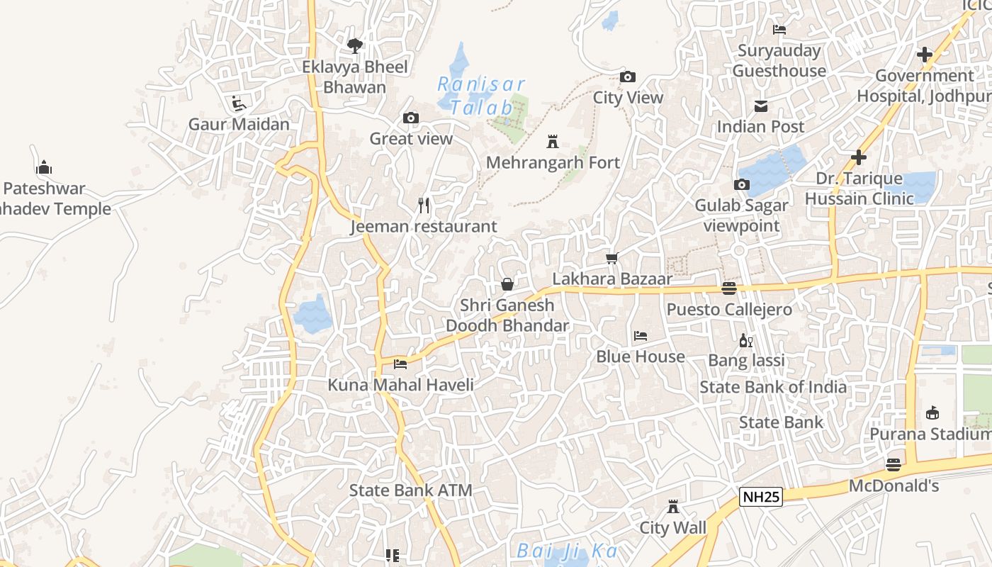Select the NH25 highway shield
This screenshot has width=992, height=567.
click(761, 497)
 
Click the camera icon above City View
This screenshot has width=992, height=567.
click(627, 77)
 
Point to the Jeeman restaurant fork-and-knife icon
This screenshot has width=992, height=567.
click(424, 206)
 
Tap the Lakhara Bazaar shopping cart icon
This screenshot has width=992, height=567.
click(612, 258)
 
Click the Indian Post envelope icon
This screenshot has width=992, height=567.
click(761, 106)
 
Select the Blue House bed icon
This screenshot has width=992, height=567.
click(641, 336)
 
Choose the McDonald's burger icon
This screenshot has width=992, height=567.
click(894, 465)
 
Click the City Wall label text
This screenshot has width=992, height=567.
click(672, 528)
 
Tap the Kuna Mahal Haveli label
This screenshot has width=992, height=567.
click(400, 385)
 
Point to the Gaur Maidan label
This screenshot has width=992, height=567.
click(239, 124)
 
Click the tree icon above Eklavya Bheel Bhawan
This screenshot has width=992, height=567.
click(355, 46)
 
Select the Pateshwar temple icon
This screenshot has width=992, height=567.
click(44, 168)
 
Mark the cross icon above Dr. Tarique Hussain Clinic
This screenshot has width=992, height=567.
click(859, 157)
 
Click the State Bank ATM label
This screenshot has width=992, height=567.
click(410, 490)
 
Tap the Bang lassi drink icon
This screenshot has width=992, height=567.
click(746, 340)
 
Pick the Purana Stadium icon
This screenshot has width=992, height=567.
click(932, 412)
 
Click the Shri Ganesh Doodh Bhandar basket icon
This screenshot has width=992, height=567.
click(507, 284)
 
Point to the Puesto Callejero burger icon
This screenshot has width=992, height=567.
click(729, 288)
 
